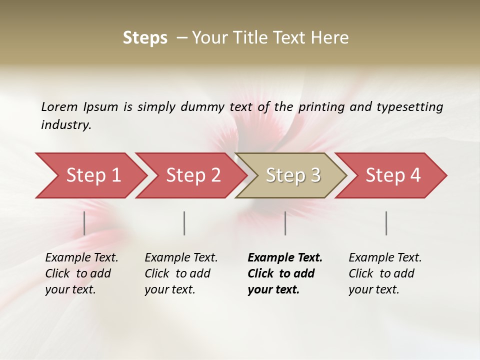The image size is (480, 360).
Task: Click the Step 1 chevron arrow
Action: (92, 175)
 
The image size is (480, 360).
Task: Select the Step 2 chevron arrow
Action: (192, 175)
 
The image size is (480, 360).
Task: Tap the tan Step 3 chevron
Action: (292, 175)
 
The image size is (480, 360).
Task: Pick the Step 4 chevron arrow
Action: (392, 175)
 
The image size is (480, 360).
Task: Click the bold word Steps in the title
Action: (145, 38)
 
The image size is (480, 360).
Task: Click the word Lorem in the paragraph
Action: (59, 106)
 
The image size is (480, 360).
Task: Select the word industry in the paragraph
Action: (66, 125)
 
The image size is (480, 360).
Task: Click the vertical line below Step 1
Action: (84, 223)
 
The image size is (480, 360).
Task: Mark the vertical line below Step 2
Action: (184, 223)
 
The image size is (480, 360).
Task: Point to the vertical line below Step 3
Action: (285, 223)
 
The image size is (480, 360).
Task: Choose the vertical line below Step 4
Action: (386, 223)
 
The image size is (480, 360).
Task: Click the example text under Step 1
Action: (81, 273)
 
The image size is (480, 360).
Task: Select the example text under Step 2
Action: (181, 273)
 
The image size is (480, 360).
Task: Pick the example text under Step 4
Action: (385, 273)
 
